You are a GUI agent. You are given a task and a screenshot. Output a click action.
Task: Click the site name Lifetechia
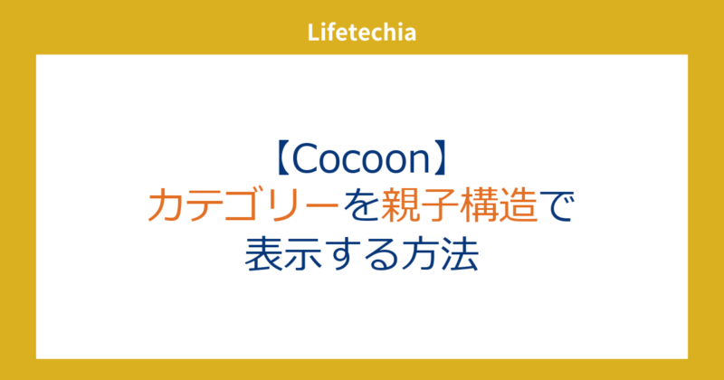tap(362, 34)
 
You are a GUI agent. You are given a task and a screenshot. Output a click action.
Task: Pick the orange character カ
tap(167, 207)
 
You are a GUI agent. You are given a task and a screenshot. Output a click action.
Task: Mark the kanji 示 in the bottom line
tap(303, 253)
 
